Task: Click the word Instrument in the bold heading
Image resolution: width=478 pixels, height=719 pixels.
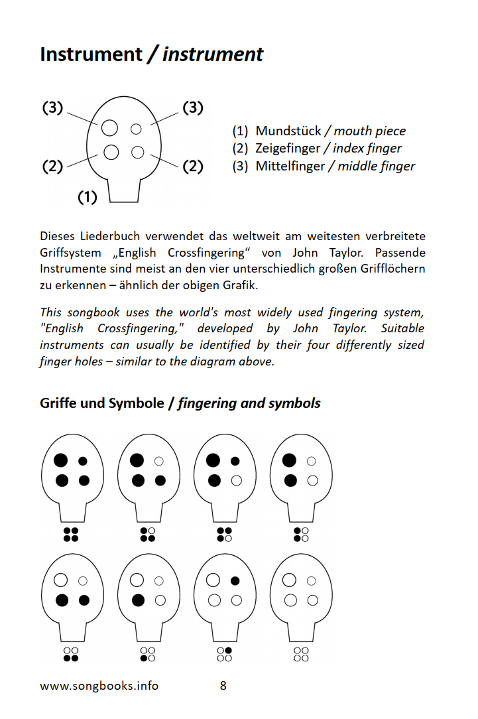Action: click(91, 54)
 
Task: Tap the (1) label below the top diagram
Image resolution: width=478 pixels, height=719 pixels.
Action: click(88, 197)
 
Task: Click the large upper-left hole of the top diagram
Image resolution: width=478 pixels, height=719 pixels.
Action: click(110, 127)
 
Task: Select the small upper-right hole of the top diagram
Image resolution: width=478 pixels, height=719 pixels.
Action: click(136, 129)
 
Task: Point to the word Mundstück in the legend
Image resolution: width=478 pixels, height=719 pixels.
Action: click(288, 131)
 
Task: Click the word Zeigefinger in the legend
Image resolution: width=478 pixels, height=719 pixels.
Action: click(290, 149)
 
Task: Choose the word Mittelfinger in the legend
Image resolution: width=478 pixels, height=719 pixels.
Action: click(289, 166)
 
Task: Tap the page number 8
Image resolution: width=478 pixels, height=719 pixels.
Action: click(223, 686)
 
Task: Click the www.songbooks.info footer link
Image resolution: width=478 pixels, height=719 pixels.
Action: click(99, 686)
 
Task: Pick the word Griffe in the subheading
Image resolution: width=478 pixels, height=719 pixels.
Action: click(58, 403)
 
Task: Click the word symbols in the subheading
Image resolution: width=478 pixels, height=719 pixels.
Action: click(296, 403)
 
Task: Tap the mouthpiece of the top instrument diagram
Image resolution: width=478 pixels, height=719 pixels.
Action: click(123, 192)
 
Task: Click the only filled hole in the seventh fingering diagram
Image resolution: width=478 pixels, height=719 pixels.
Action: click(235, 581)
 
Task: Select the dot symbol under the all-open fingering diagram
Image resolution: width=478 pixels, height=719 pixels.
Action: click(301, 654)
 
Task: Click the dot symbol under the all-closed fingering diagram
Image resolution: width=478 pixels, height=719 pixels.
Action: click(71, 535)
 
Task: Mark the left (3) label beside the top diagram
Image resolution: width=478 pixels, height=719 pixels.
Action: click(52, 107)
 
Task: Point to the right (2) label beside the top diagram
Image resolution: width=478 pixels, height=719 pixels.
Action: click(192, 166)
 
